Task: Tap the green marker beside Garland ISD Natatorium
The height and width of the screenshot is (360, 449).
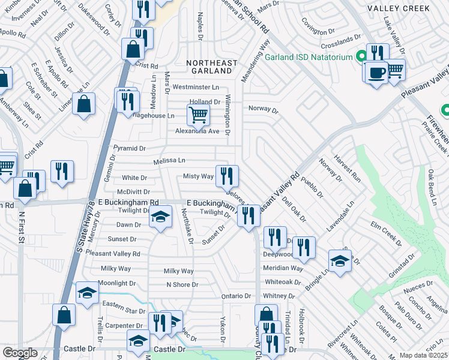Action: click(x=362, y=57)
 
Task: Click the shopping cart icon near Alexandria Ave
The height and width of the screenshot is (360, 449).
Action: click(x=197, y=113)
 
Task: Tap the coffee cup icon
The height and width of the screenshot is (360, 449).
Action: click(x=376, y=73)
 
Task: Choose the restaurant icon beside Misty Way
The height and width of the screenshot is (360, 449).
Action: click(x=227, y=176)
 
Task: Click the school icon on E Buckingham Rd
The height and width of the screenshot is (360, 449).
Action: click(x=160, y=217)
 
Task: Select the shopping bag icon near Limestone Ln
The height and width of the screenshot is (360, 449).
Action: click(x=85, y=103)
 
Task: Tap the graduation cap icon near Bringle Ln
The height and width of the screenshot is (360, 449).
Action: click(x=340, y=261)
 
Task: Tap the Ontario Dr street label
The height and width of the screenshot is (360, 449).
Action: click(x=236, y=296)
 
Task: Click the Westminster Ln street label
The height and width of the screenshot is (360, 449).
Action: click(x=193, y=88)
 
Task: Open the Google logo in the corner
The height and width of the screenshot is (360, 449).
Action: click(x=20, y=353)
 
